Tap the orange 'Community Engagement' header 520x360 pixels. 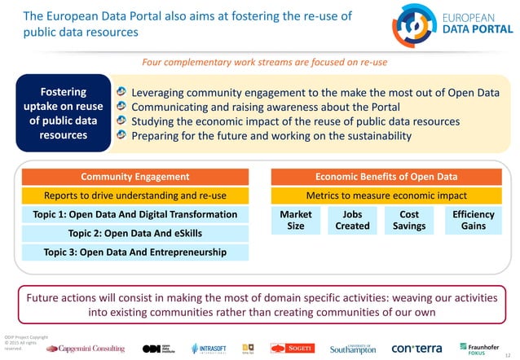click(x=135, y=177)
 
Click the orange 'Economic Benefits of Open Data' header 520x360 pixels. click(x=386, y=177)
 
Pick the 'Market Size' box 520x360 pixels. click(x=296, y=221)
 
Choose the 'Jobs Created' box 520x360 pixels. click(x=352, y=221)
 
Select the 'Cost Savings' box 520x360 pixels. click(x=409, y=221)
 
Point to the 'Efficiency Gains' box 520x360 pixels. click(x=473, y=221)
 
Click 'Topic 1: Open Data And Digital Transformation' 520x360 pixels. click(x=135, y=214)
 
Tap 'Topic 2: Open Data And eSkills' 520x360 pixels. click(x=135, y=233)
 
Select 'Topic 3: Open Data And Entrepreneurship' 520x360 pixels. click(x=135, y=252)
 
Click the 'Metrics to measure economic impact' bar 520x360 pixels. click(x=386, y=195)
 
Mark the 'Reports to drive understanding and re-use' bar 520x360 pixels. click(x=135, y=195)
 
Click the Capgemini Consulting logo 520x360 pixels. click(x=86, y=348)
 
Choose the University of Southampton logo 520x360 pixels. click(x=353, y=348)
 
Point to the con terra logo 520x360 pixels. click(x=416, y=348)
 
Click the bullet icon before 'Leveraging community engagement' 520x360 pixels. click(x=121, y=93)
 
